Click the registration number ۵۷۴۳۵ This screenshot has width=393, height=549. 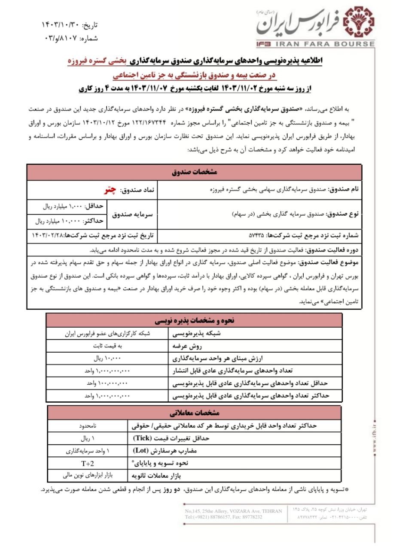click(257, 235)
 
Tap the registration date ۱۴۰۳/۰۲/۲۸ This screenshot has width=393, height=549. click(50, 235)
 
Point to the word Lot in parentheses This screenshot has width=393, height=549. click(140, 451)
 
